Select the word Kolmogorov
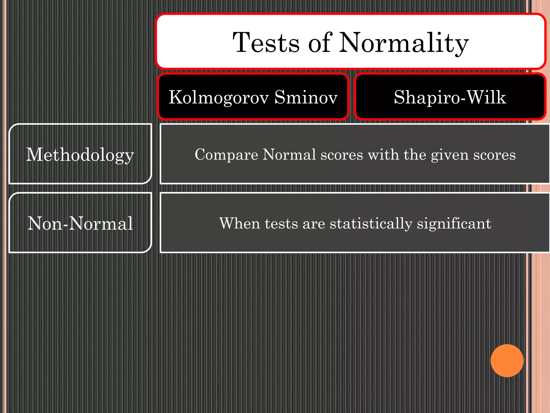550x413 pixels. [219, 97]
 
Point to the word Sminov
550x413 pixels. [306, 97]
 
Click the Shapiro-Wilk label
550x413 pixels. [450, 97]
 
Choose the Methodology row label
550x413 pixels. [80, 155]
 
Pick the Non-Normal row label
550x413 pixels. [80, 223]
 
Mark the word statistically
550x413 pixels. [371, 224]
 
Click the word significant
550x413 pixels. [454, 224]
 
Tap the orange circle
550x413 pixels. [507, 361]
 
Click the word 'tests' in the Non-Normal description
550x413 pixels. [281, 224]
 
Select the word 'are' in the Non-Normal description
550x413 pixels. [314, 224]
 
